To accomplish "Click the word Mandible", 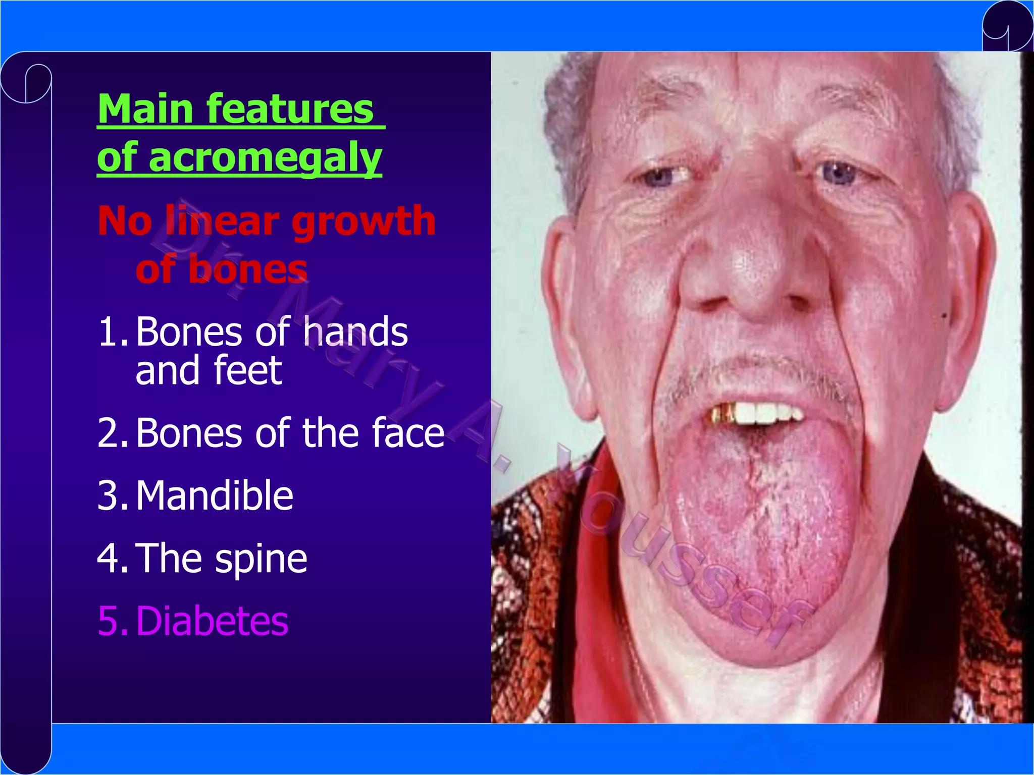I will click(x=215, y=496).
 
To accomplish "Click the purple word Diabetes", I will click(x=212, y=622).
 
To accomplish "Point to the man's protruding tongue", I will click(x=762, y=530).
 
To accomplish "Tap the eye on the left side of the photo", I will click(x=659, y=176).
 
